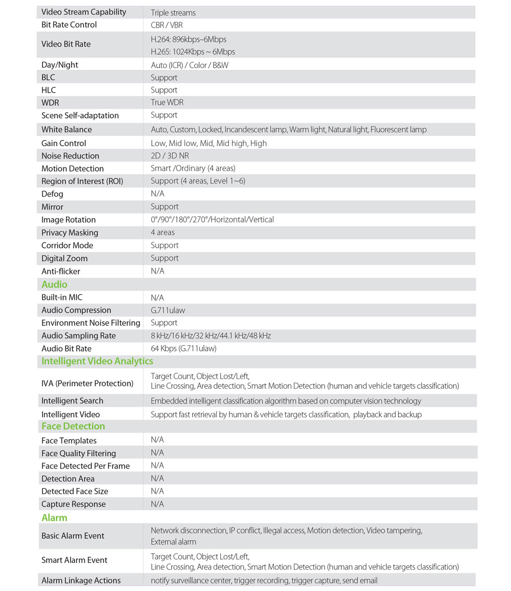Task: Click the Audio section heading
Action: (x=54, y=285)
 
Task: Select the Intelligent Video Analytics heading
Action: (x=97, y=361)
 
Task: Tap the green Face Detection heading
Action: (x=73, y=426)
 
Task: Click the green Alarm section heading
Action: (x=54, y=517)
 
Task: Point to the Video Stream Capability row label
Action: (x=84, y=12)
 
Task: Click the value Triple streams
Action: (x=173, y=12)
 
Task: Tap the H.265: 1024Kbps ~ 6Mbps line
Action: (x=193, y=52)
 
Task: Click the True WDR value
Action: (x=167, y=102)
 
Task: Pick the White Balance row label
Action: (x=66, y=130)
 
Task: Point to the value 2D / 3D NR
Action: (x=170, y=156)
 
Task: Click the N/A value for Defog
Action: (x=157, y=194)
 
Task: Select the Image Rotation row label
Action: (x=68, y=220)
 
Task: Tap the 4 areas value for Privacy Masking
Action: (x=162, y=232)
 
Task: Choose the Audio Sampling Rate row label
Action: (x=79, y=336)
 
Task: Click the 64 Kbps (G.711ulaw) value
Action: (x=183, y=348)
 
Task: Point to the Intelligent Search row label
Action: (x=72, y=400)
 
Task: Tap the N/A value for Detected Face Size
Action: (x=157, y=491)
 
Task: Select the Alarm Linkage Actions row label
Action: (x=81, y=580)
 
